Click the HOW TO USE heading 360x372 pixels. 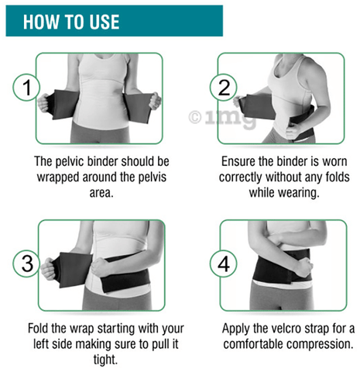pos(70,21)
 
